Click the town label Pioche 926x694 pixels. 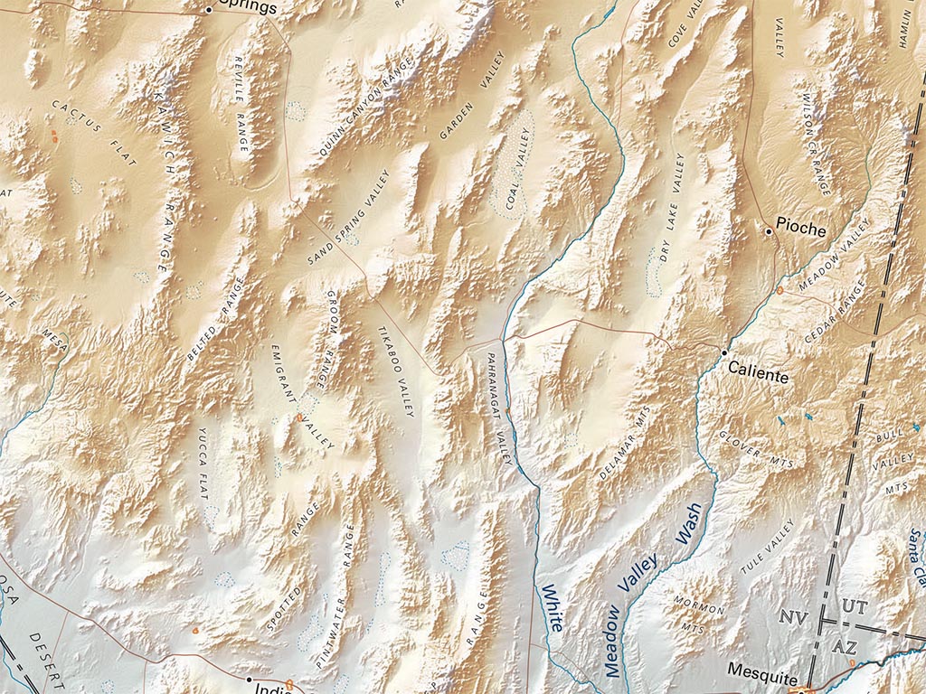[801, 230]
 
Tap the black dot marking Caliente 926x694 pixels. [724, 352]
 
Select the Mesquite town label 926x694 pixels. [764, 679]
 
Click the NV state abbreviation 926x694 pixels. [794, 618]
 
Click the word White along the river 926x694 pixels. [553, 607]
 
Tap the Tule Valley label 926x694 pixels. [767, 547]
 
